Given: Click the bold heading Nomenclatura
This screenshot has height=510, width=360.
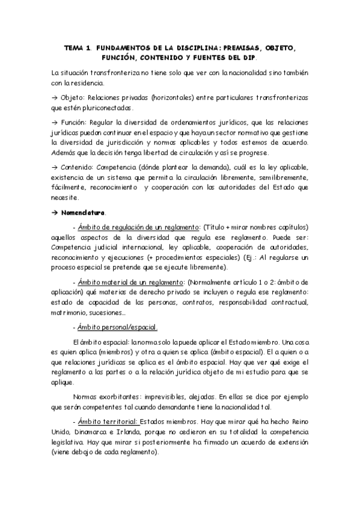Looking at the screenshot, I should click(x=83, y=212).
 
